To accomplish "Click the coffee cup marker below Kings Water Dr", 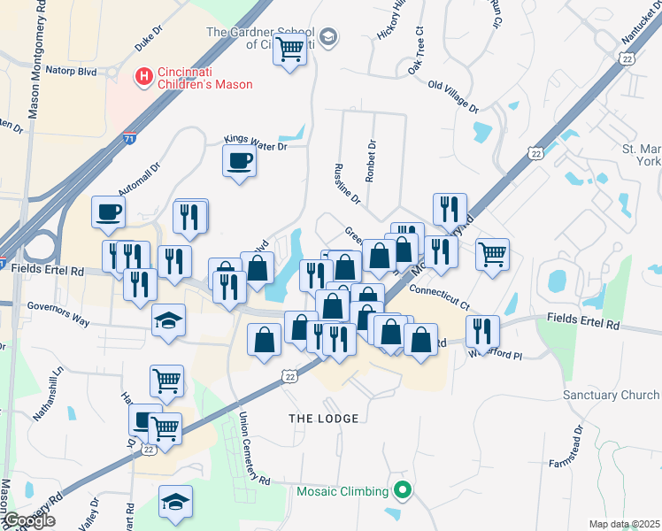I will click(x=238, y=161).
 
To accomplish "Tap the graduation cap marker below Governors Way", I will click(x=168, y=319).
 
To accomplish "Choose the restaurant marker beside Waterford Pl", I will click(x=482, y=330).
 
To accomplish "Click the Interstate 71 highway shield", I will click(x=130, y=138).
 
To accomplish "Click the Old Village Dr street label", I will click(x=452, y=97).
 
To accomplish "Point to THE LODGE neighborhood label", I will click(x=324, y=418).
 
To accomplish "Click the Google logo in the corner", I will click(x=28, y=520).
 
